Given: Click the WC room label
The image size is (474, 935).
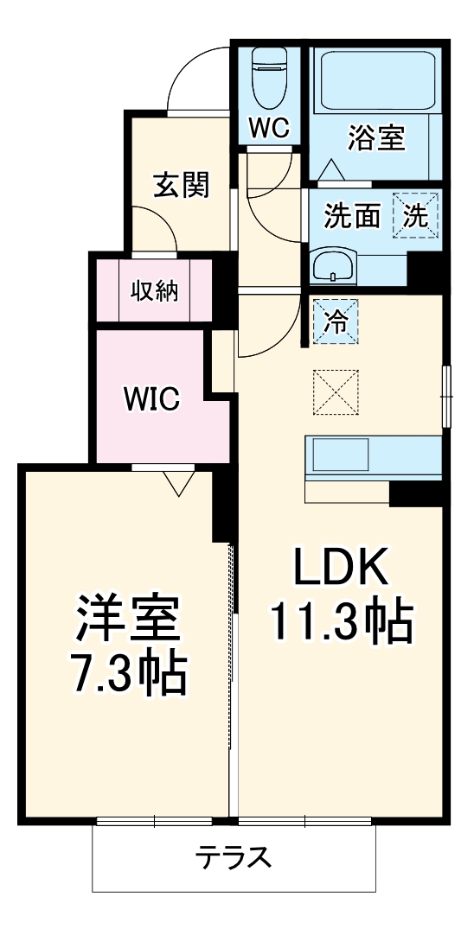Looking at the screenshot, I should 269,128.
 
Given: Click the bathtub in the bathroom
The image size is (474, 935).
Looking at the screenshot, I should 375,81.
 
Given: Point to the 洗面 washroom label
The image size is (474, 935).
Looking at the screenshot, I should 352,216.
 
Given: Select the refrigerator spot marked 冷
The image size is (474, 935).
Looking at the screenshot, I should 336,321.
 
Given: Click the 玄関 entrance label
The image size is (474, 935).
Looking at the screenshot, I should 182,185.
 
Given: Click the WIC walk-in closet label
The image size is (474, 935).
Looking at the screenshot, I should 151,398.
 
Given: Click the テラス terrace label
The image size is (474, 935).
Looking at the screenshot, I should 234,858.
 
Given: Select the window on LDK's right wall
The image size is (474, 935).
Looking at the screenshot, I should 446,397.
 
